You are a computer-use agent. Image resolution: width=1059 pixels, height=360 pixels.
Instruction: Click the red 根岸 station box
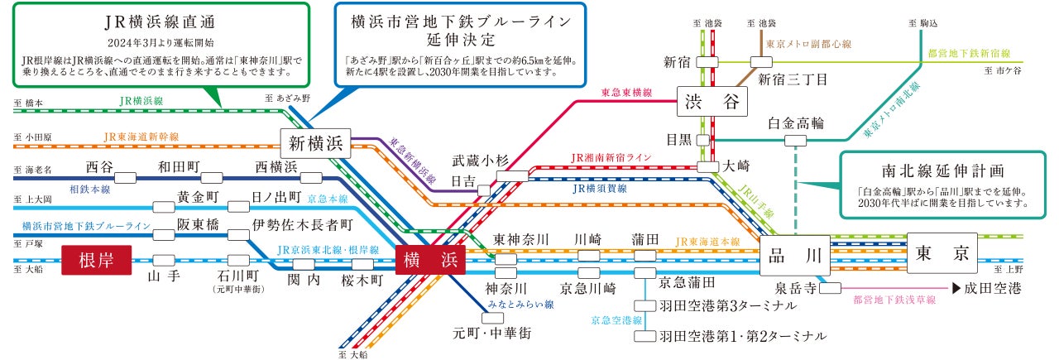pos(98,260)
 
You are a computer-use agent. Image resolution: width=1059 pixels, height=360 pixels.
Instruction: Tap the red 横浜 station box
pos(430,260)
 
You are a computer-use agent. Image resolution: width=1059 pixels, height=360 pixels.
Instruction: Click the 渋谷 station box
pos(712,103)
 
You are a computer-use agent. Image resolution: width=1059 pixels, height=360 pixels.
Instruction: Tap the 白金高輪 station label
pos(796,124)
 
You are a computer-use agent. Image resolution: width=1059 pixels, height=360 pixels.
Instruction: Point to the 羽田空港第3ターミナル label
pos(728,306)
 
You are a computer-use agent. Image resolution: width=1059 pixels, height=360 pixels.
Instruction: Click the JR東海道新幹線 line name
pos(141,136)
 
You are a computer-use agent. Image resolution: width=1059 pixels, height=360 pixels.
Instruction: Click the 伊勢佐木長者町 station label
pos(303,223)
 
